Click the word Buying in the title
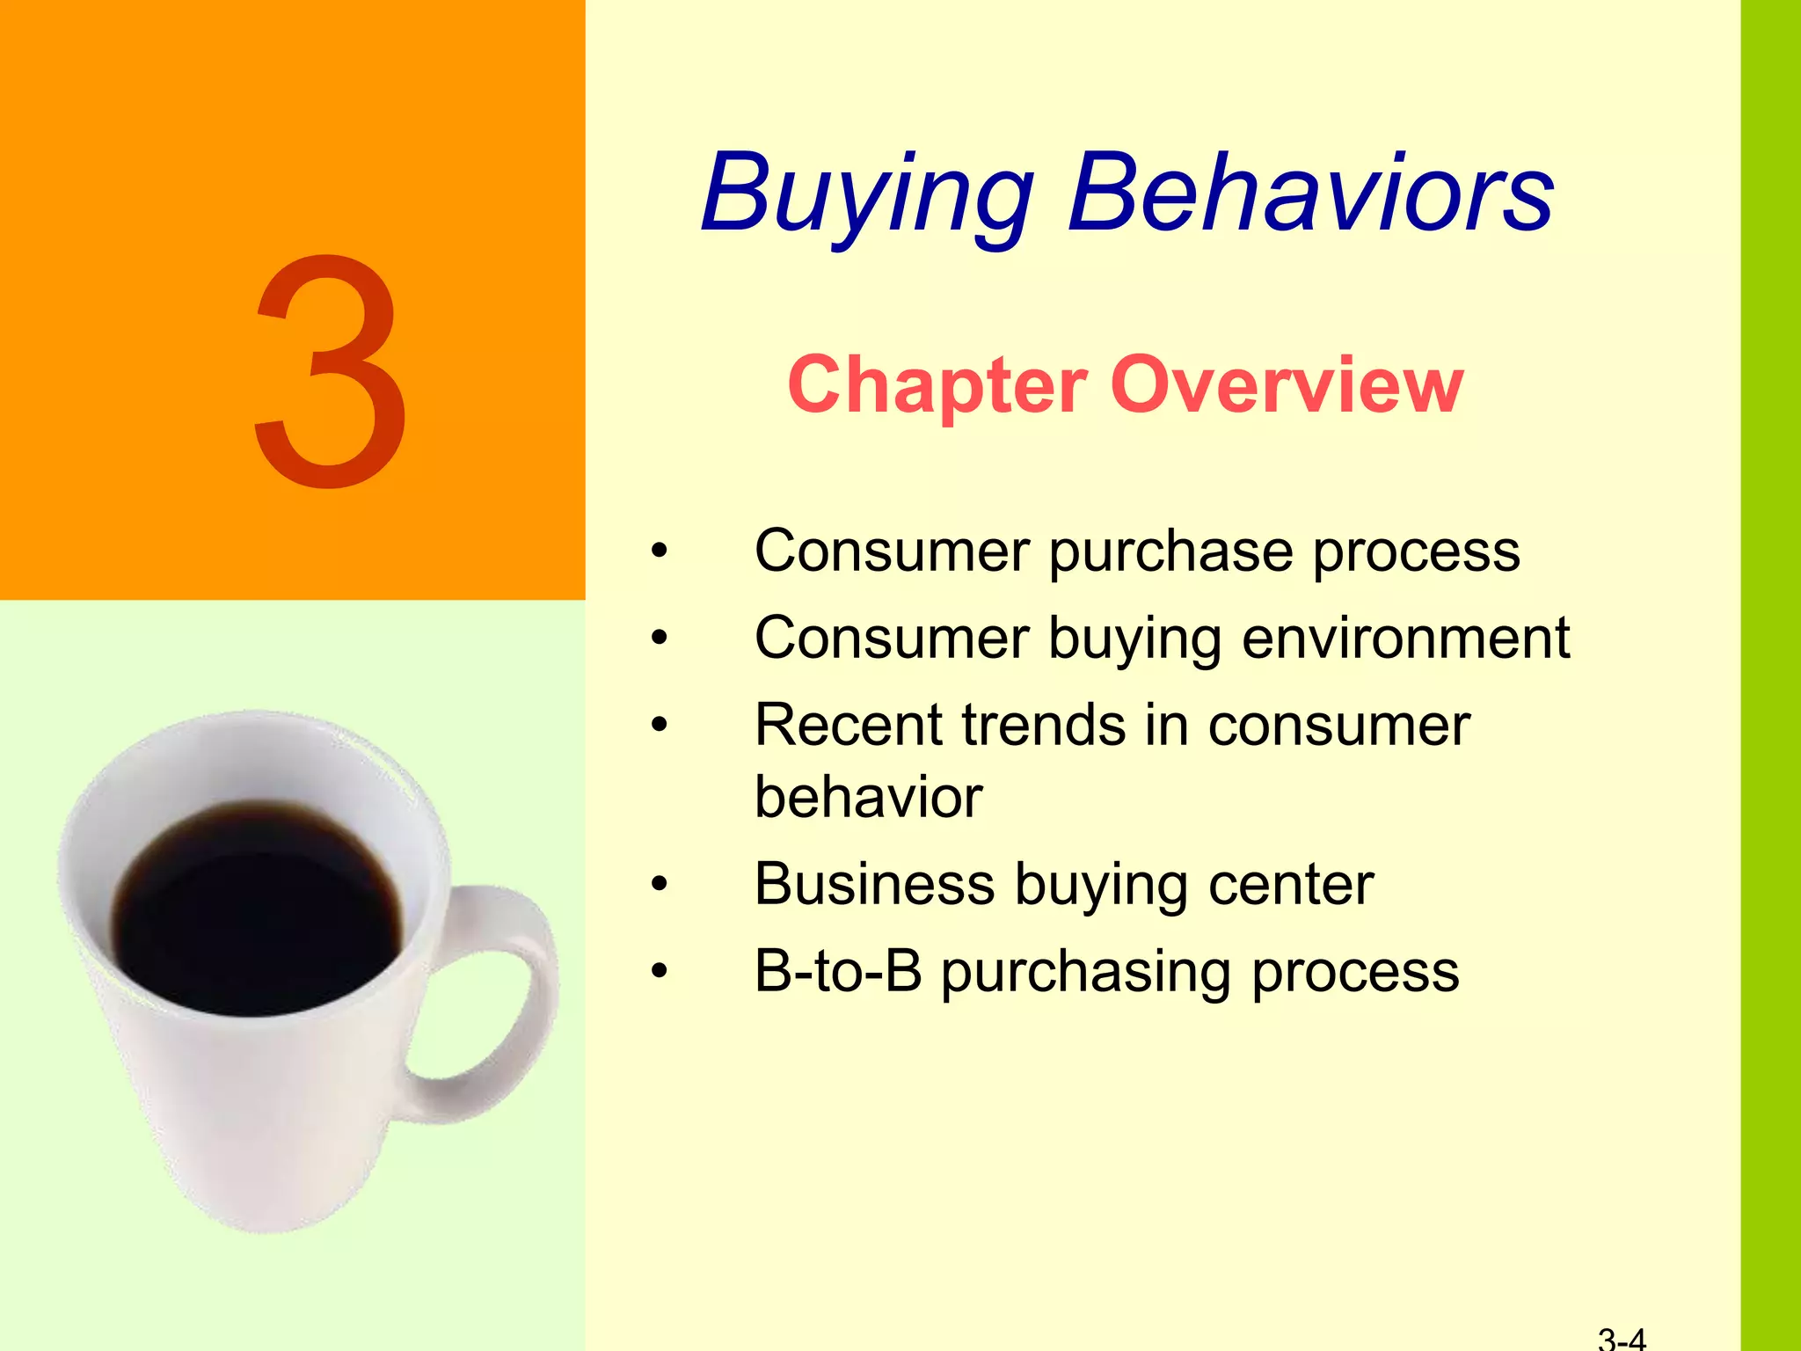point(866,195)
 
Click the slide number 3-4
point(1622,1340)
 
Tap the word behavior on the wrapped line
point(868,798)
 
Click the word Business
point(874,884)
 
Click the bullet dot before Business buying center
point(660,885)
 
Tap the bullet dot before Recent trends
point(660,727)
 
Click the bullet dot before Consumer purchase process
point(660,552)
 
